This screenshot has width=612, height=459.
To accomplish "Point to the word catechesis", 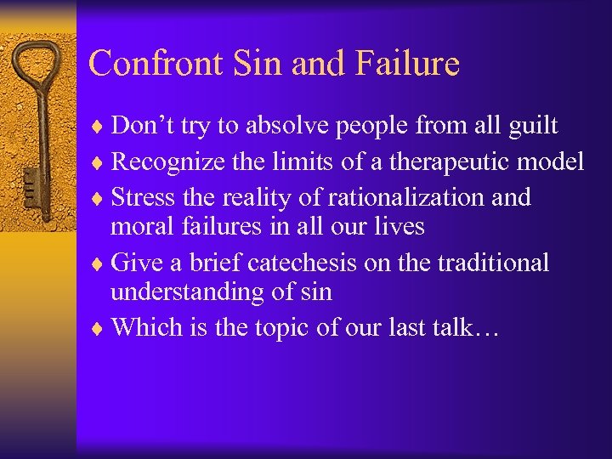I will (x=302, y=263).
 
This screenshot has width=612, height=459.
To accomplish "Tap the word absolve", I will (x=296, y=127).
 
